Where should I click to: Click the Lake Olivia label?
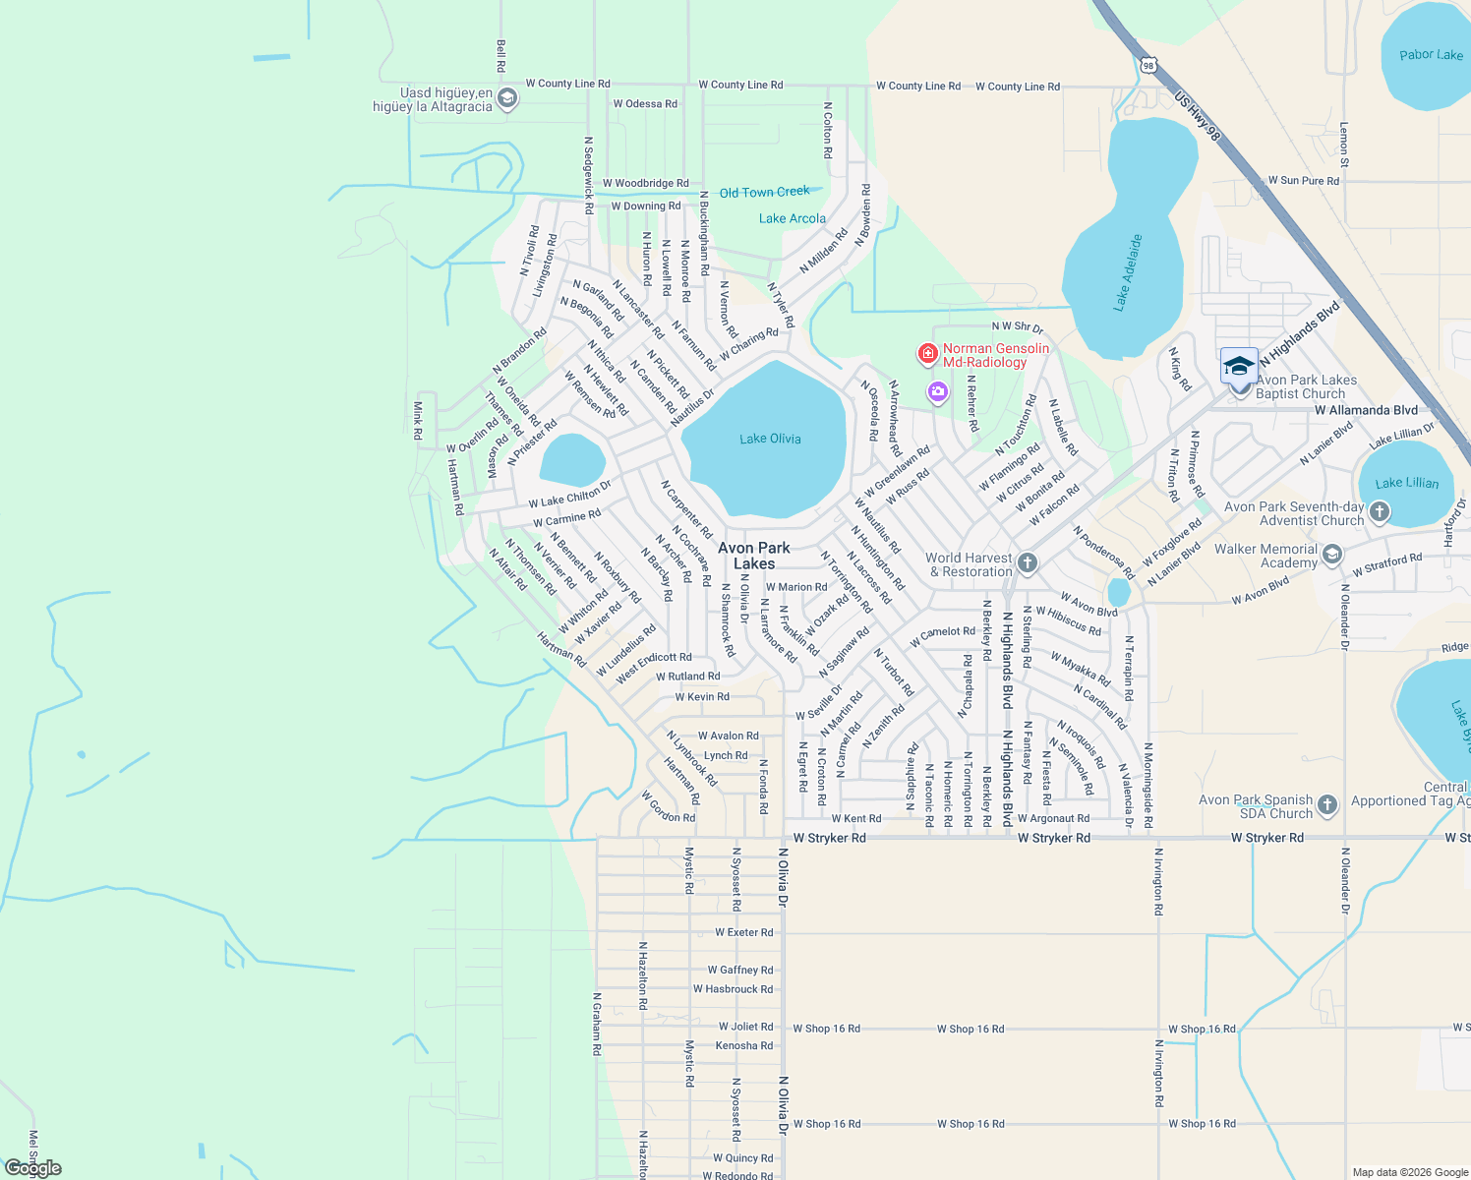click(770, 439)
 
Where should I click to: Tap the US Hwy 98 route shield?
click(1148, 66)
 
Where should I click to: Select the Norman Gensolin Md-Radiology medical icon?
click(927, 353)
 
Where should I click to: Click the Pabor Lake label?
click(1431, 55)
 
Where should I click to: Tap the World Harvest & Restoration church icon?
click(1028, 562)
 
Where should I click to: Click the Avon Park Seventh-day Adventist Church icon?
click(1380, 511)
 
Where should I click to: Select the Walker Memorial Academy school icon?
click(1332, 555)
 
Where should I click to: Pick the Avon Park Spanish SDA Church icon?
click(1327, 805)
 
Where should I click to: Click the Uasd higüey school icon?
click(507, 98)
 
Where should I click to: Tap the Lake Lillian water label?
click(1406, 483)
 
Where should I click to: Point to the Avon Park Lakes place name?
click(754, 556)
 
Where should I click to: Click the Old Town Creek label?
click(764, 193)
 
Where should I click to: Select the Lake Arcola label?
click(792, 218)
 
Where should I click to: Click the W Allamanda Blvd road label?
click(1366, 410)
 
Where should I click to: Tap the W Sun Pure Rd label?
click(1303, 181)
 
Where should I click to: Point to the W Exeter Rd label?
click(743, 932)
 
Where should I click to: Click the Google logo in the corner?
click(33, 1167)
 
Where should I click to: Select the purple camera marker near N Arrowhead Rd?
click(938, 393)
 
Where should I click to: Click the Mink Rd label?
click(418, 420)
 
